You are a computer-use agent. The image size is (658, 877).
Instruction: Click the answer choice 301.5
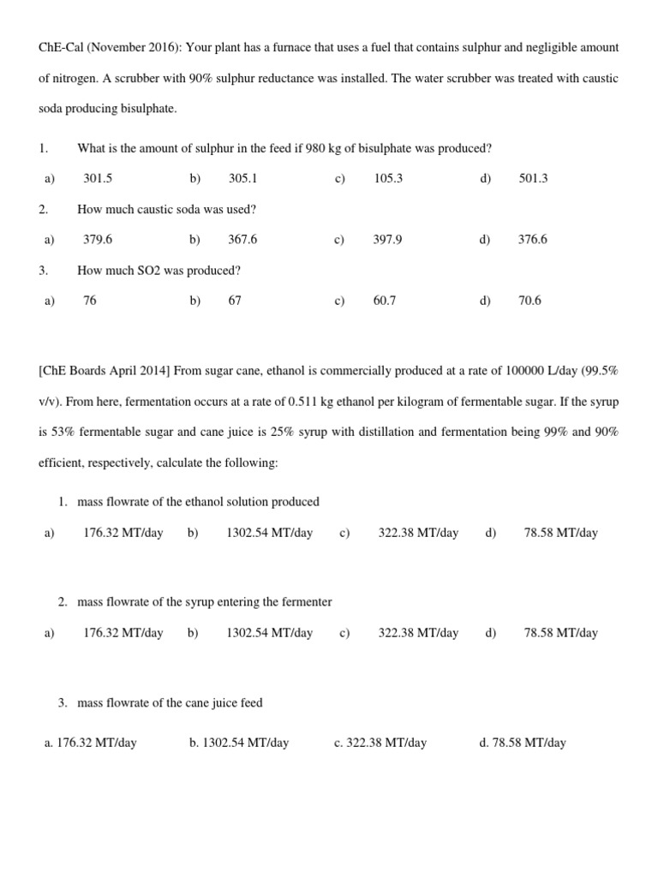tap(98, 178)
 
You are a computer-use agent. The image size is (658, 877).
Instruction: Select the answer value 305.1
tap(242, 178)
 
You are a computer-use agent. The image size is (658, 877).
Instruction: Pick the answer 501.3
tap(533, 178)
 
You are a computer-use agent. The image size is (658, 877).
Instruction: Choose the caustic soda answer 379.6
tap(98, 240)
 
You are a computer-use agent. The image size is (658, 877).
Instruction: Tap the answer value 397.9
tap(387, 240)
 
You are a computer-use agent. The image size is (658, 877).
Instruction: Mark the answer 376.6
tap(533, 240)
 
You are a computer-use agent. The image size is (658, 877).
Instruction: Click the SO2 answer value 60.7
tap(385, 301)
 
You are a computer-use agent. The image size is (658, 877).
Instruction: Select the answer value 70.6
tap(529, 301)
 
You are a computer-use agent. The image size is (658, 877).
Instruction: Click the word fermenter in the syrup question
tap(307, 602)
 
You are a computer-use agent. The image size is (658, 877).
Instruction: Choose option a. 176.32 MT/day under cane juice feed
tap(90, 743)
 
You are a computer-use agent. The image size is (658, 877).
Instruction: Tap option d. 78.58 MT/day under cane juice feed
tap(523, 743)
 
